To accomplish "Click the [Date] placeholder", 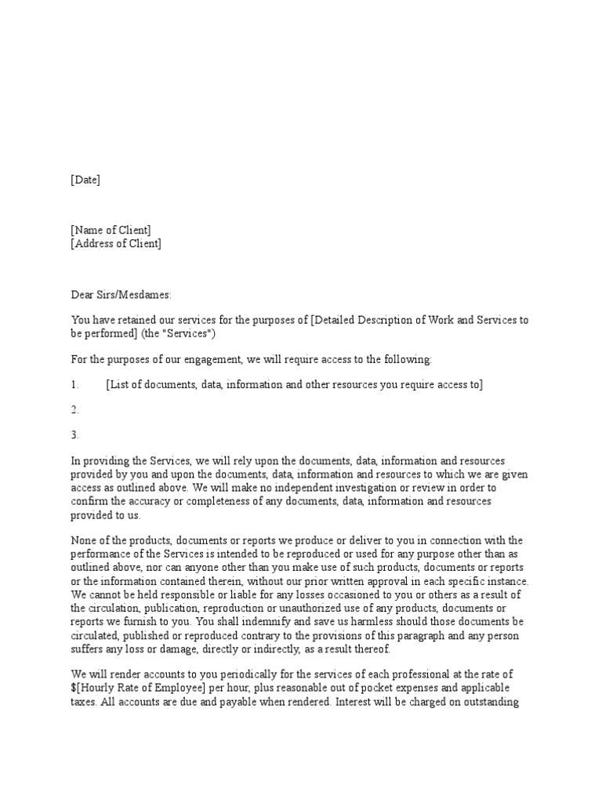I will coord(85,180).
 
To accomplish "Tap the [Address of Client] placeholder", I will coord(116,243).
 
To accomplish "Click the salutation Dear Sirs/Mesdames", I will coord(121,295).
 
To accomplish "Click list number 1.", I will coord(75,384).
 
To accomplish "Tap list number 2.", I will coord(75,409).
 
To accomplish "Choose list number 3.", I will coord(75,434).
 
